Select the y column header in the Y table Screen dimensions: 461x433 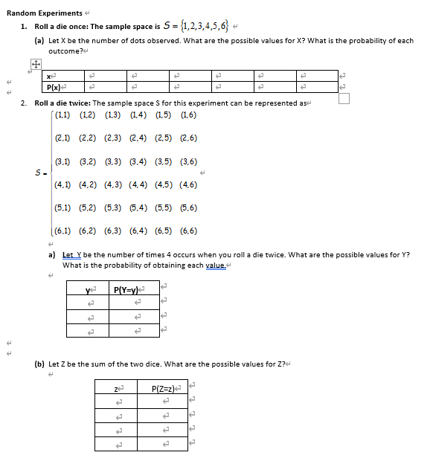pyautogui.click(x=90, y=288)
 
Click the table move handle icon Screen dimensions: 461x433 pyautogui.click(x=33, y=65)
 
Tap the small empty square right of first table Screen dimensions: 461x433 pyautogui.click(x=343, y=98)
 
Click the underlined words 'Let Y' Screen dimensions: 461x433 pyautogui.click(x=72, y=255)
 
